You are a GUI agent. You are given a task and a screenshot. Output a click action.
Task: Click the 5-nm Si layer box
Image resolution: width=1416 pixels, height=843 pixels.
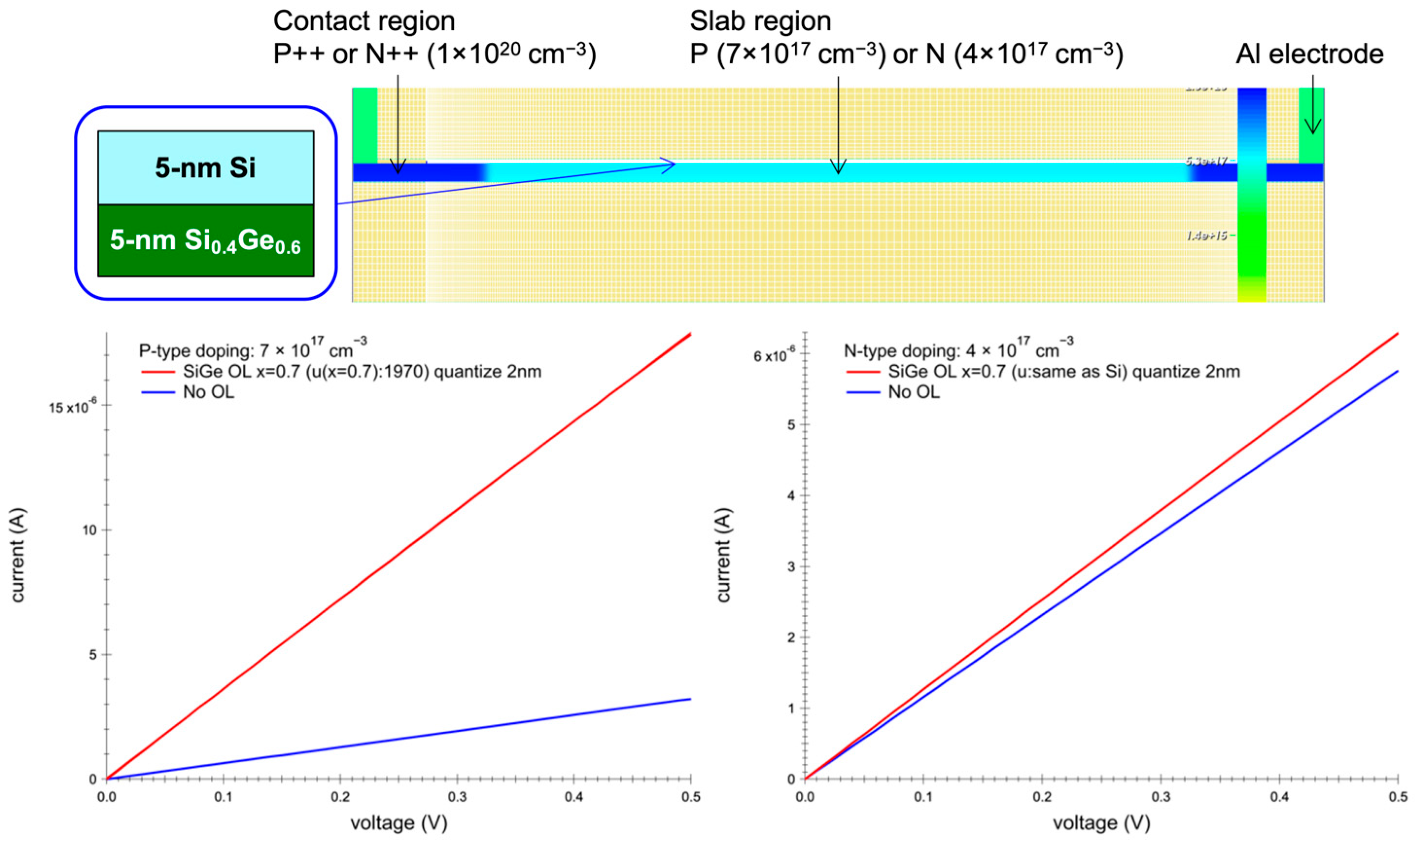pyautogui.click(x=206, y=168)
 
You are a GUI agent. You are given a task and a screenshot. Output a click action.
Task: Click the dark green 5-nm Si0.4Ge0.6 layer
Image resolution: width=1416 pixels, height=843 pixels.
pyautogui.click(x=206, y=241)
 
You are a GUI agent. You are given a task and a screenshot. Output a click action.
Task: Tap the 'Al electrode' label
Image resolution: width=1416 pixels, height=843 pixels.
pyautogui.click(x=1309, y=54)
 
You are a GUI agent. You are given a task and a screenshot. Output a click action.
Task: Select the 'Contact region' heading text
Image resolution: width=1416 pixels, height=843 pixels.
pyautogui.click(x=364, y=21)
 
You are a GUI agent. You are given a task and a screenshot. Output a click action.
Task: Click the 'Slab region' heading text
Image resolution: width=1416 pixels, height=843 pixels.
pyautogui.click(x=760, y=21)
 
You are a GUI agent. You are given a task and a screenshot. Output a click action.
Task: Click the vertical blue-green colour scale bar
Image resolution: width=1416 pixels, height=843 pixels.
pyautogui.click(x=1251, y=193)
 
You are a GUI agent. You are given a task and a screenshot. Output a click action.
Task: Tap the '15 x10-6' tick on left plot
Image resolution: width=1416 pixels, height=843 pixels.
pyautogui.click(x=73, y=407)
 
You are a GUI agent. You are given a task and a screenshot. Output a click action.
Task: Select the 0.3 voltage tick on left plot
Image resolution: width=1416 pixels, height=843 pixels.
pyautogui.click(x=457, y=797)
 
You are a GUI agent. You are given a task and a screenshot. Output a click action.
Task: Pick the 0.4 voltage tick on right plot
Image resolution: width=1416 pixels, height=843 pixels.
pyautogui.click(x=1279, y=797)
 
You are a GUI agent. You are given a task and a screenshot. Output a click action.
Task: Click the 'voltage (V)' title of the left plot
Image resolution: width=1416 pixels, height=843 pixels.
pyautogui.click(x=399, y=823)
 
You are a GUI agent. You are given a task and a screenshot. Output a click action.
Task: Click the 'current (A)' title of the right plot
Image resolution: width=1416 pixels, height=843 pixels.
pyautogui.click(x=723, y=554)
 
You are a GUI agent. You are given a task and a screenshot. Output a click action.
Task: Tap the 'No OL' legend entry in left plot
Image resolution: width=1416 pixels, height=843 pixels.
pyautogui.click(x=208, y=392)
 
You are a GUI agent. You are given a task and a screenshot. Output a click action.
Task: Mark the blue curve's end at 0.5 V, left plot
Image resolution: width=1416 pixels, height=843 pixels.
pyautogui.click(x=690, y=699)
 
